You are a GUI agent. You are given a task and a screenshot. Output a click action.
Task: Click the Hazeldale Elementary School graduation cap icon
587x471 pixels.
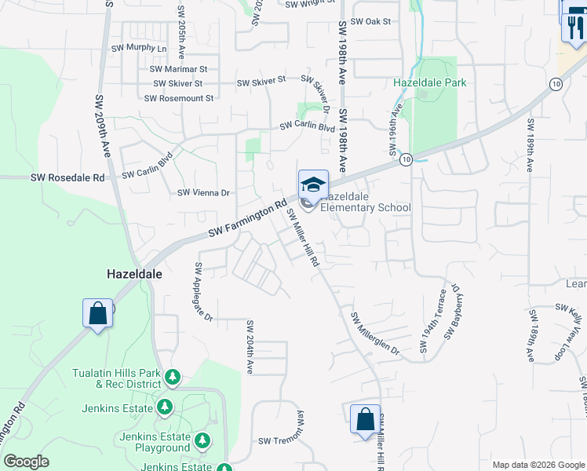click(313, 184)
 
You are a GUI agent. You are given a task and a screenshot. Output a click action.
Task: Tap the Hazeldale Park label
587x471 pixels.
click(430, 82)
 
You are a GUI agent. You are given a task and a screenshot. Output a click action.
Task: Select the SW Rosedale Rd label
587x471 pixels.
click(67, 178)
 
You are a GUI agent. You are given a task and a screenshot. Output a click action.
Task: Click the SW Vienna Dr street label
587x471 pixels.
click(203, 192)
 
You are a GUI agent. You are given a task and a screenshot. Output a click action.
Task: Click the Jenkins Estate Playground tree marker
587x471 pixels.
click(202, 440)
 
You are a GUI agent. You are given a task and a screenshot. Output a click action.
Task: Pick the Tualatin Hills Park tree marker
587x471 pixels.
click(173, 379)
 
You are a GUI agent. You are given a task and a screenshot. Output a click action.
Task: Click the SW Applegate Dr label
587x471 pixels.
click(203, 292)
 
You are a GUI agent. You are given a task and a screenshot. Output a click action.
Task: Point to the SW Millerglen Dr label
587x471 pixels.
click(375, 334)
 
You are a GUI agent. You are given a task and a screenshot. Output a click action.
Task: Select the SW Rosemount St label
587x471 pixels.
click(179, 98)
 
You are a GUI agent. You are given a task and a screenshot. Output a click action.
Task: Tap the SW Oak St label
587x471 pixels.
click(370, 22)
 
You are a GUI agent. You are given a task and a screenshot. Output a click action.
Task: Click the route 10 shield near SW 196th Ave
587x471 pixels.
click(405, 159)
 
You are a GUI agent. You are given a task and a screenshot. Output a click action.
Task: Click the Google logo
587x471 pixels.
click(26, 462)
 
